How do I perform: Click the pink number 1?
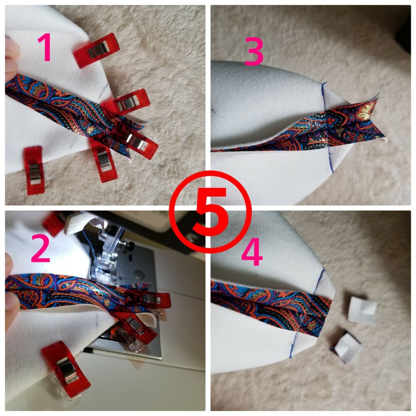[45, 47]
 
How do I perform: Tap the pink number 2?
[41, 248]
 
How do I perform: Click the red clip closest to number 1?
[96, 50]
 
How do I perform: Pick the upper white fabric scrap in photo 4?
[362, 310]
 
